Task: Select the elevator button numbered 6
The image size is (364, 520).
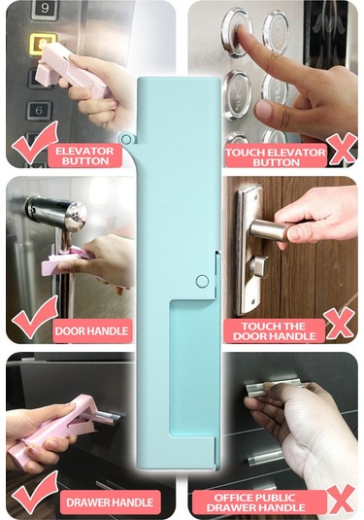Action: pyautogui.click(x=40, y=110)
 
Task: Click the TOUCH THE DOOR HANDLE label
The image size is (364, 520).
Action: pyautogui.click(x=276, y=330)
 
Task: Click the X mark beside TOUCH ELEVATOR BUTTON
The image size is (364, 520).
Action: pyautogui.click(x=341, y=149)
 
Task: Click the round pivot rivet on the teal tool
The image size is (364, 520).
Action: pyautogui.click(x=202, y=281)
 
